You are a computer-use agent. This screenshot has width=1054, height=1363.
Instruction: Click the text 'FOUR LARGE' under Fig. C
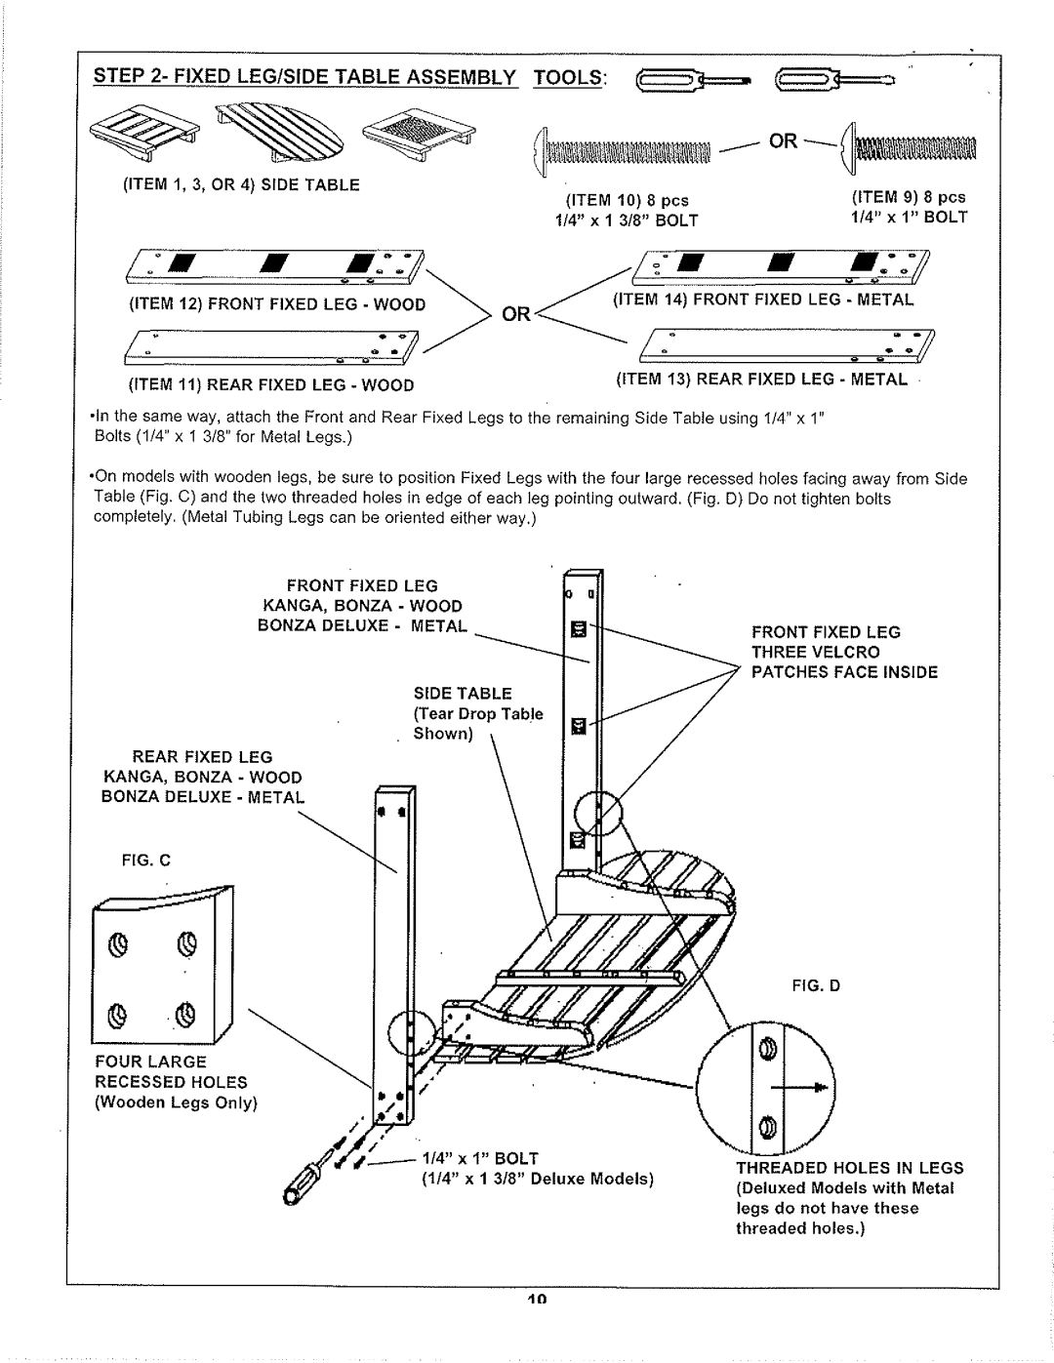150,1062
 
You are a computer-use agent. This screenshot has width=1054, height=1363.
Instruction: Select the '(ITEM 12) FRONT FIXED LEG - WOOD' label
274,303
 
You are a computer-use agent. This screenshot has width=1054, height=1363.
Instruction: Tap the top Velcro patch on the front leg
576,628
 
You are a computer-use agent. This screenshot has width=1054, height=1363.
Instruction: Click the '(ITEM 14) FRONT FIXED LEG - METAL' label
763,300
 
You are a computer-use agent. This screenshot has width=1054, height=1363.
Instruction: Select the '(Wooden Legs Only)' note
175,1102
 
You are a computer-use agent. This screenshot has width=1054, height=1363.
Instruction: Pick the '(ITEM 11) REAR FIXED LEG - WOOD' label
267,384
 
